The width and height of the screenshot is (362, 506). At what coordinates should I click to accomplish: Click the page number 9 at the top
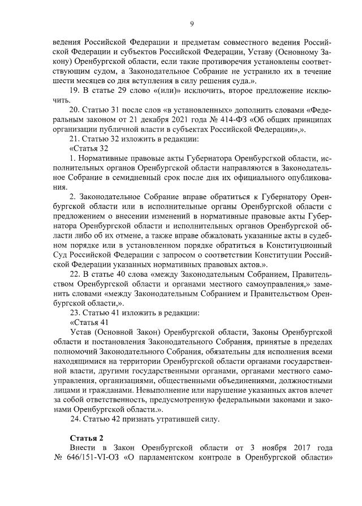point(192,23)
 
